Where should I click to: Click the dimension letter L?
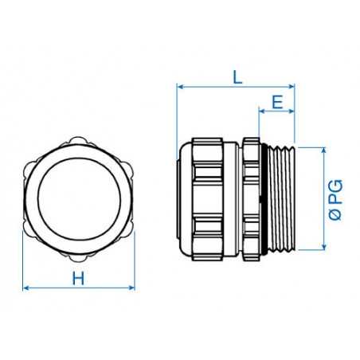(237, 76)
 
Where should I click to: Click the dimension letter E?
(277, 101)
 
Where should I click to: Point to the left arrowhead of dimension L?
(180, 85)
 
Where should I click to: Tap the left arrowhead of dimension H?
(27, 287)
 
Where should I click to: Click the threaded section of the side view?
(279, 199)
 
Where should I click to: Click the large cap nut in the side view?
(211, 199)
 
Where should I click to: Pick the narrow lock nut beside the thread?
(252, 199)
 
